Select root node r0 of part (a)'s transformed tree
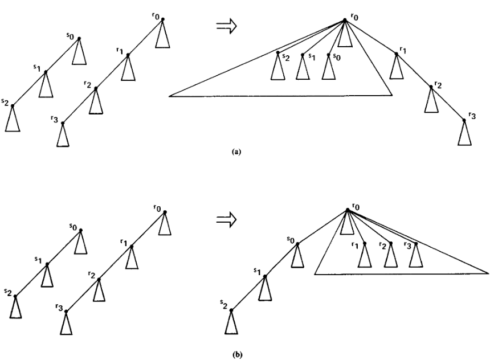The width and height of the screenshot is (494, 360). pos(345,21)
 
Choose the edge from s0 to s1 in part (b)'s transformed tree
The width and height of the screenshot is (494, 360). pos(280,257)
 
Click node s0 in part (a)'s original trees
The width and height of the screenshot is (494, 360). pos(79,38)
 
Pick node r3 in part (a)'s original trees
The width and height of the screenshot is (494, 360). pos(63,122)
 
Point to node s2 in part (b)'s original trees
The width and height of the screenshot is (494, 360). pos(15,296)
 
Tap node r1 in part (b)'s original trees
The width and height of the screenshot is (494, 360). pos(132,246)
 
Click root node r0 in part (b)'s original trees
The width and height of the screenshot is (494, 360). pos(165,212)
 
